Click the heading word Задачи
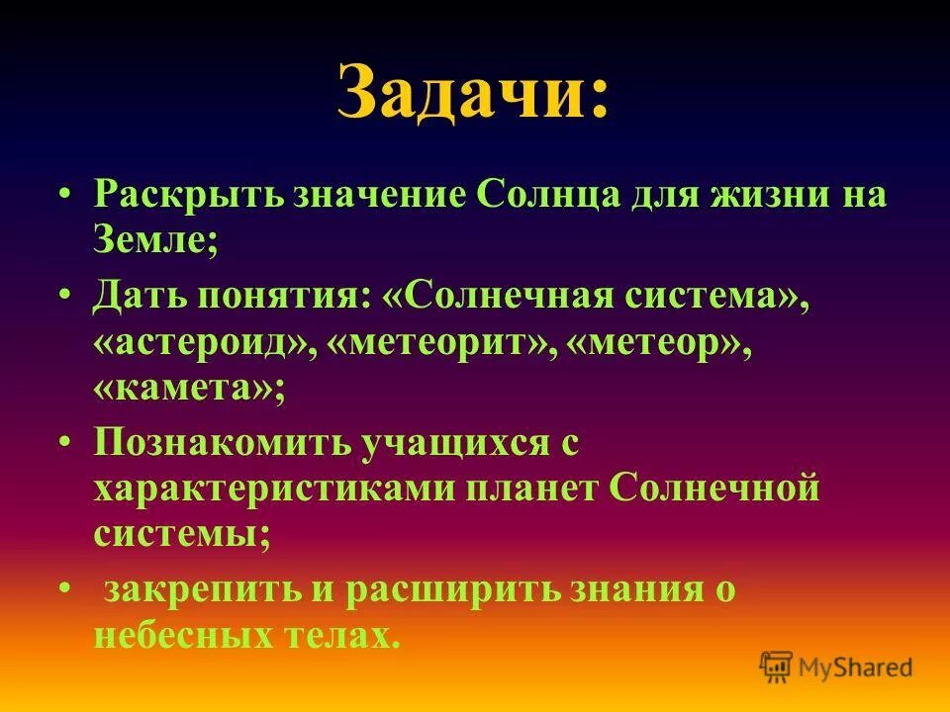pyautogui.click(x=465, y=91)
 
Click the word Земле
pyautogui.click(x=153, y=239)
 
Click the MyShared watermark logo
pyautogui.click(x=835, y=666)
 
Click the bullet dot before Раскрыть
pyautogui.click(x=65, y=193)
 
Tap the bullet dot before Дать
pyautogui.click(x=65, y=295)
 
